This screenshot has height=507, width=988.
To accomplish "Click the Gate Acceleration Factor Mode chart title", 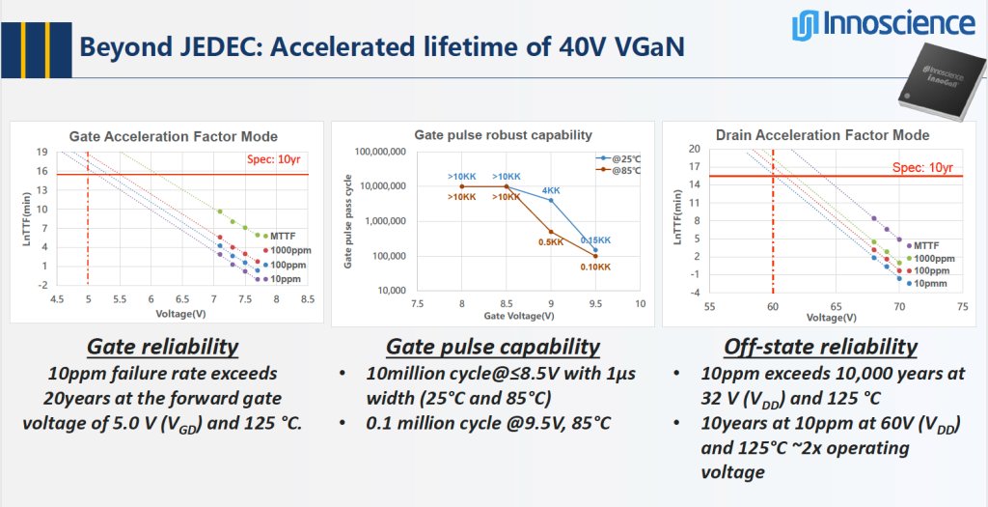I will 173,136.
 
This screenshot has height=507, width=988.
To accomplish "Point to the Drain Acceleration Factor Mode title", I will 822,135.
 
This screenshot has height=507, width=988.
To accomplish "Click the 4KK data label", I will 551,190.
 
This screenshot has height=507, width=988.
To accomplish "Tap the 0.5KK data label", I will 550,241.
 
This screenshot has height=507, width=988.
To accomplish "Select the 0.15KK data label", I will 594,240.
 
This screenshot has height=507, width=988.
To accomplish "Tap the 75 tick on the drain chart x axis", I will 961,305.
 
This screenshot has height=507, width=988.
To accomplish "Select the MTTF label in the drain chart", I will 925,245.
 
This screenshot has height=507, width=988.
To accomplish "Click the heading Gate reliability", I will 162,347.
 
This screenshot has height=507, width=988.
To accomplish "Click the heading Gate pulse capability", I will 492,347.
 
